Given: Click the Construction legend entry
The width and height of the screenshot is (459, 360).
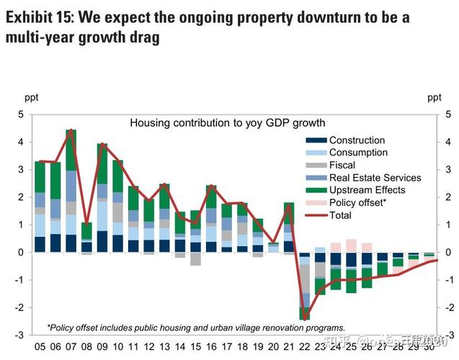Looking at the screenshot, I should point(357,140).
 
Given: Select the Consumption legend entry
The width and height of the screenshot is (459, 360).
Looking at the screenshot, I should point(358,153).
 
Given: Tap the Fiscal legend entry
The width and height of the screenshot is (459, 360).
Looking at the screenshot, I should point(342,165).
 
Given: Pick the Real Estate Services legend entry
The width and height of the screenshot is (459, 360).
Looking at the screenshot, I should point(375,177).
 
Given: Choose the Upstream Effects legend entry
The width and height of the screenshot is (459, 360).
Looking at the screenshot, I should point(367,190).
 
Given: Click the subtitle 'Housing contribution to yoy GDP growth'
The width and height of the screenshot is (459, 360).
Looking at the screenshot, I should point(228,123).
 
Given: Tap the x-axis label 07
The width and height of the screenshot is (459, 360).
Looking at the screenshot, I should point(71,347).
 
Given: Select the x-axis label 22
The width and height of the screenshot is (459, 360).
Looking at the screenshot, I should point(304,347).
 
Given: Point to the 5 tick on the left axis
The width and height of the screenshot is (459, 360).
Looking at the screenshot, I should point(21,114).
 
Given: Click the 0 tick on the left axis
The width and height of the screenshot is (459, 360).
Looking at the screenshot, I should point(21,253).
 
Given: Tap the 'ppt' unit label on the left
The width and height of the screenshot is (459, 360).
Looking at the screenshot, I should point(32,96).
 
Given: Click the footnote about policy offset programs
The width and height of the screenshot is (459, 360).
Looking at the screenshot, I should point(196,327).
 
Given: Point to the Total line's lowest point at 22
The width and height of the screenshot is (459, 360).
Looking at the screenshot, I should point(305,319).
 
